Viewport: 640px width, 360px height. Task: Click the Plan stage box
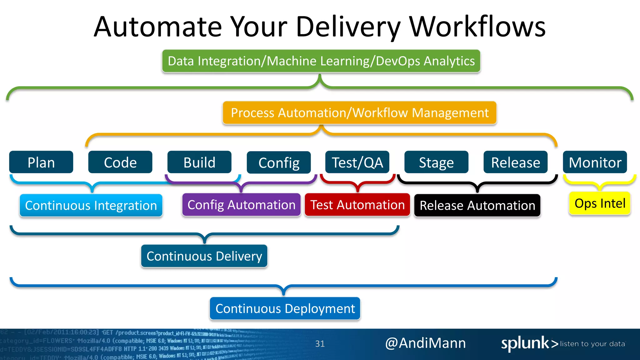(x=41, y=162)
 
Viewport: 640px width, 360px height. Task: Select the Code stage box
(x=120, y=162)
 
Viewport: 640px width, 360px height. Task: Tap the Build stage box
(x=199, y=162)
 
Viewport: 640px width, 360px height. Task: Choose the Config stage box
(x=279, y=162)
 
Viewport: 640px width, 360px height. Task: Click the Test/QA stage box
(x=357, y=162)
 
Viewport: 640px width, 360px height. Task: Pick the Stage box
(x=436, y=162)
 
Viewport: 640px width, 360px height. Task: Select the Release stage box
(x=515, y=162)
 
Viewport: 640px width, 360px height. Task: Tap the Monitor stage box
(x=595, y=162)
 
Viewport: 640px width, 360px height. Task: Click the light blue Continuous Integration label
(x=91, y=205)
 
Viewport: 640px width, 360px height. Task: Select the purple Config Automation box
(x=241, y=205)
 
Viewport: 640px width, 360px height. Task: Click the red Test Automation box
(x=357, y=205)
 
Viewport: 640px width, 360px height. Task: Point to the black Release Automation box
(x=477, y=205)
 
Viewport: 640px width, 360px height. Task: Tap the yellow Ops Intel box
(x=600, y=203)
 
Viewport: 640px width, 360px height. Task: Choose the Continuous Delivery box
(x=204, y=256)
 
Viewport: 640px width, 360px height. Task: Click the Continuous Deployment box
(x=285, y=308)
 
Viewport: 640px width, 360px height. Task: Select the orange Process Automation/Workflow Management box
(x=359, y=112)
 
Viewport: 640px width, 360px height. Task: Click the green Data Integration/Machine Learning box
(x=321, y=61)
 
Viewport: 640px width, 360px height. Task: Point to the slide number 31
(x=320, y=344)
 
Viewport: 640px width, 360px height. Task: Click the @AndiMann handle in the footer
(x=425, y=343)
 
